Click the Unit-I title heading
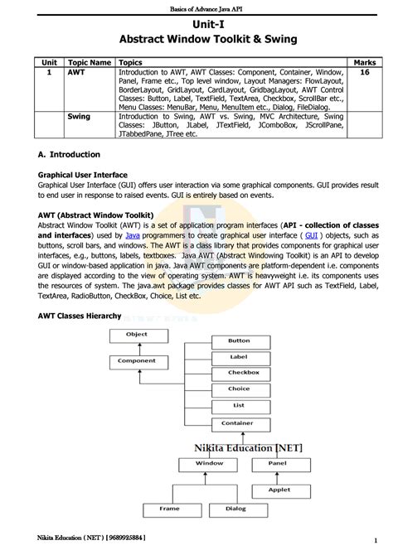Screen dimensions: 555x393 pos(196,25)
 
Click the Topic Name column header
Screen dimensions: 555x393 pos(90,62)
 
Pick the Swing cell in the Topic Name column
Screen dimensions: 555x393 pos(78,118)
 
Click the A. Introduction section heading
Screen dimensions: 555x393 pos(70,155)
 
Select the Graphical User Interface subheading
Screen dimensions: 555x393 pos(83,176)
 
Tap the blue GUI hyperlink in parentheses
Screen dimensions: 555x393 pos(312,235)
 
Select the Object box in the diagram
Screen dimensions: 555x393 pos(137,335)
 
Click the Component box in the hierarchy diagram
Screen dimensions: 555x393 pos(137,361)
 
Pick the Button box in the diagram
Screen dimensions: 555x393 pos(239,340)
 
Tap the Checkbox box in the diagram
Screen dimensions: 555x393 pos(239,373)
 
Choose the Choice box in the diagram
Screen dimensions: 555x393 pos(239,388)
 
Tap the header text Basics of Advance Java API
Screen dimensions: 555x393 pos(196,7)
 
